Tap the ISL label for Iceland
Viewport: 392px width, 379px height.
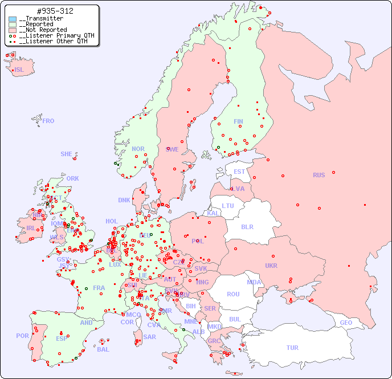(19, 70)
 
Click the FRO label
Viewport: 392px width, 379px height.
(48, 121)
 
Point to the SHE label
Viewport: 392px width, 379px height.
(67, 154)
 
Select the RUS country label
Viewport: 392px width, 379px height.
(318, 175)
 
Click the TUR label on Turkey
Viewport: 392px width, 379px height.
(292, 348)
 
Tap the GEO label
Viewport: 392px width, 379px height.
(346, 323)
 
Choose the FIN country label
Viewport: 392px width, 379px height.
(238, 121)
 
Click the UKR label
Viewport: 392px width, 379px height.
(271, 266)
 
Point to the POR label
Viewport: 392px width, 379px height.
(22, 336)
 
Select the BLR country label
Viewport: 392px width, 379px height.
(247, 226)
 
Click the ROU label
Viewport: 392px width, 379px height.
(233, 294)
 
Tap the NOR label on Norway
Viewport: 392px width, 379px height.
(138, 149)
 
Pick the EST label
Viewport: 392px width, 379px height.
(239, 172)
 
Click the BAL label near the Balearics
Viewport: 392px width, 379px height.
(103, 349)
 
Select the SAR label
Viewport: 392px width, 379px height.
(149, 337)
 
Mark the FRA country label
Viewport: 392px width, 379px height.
(99, 288)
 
